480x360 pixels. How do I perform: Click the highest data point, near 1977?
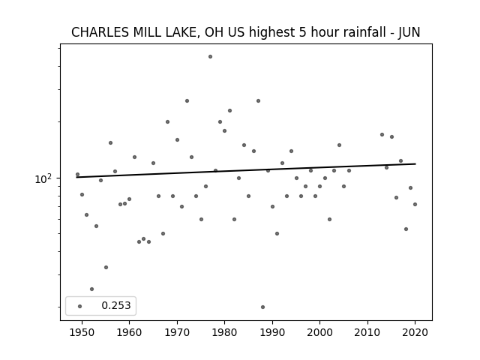pos(210,57)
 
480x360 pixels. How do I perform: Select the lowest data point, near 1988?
pos(262,307)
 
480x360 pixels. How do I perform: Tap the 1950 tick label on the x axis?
pos(82,332)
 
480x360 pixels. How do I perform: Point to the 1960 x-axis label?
pos(129,332)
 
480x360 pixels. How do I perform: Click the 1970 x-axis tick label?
pos(177,332)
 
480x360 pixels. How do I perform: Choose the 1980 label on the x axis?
pos(224,332)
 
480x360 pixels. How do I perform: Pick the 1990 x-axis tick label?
pos(272,332)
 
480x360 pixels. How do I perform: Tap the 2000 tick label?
pos(319,332)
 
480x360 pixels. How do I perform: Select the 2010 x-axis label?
pos(367,332)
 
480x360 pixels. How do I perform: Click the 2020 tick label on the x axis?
pos(415,332)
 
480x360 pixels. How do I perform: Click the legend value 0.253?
pos(116,305)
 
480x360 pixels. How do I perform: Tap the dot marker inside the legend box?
pos(79,306)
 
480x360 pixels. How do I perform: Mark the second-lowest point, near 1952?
pos(91,289)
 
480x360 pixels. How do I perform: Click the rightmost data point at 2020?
pos(415,204)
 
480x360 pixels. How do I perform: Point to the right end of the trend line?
pos(415,163)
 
